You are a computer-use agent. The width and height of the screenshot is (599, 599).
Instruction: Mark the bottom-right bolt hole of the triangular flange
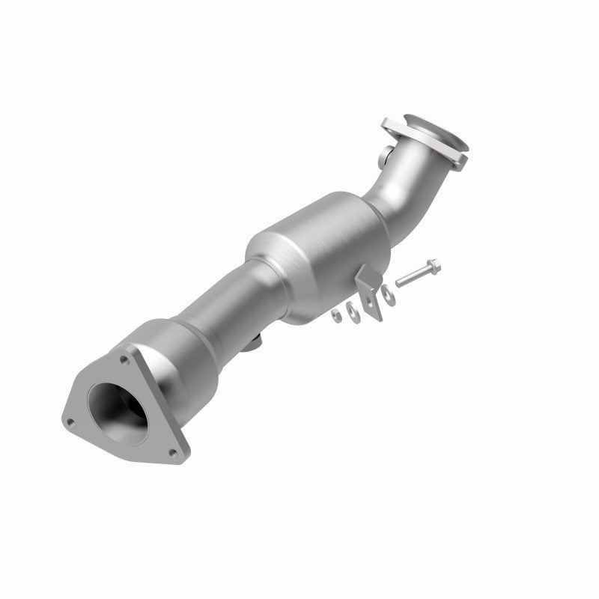point(174,451)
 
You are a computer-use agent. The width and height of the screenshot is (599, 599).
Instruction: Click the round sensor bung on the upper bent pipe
point(384,156)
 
